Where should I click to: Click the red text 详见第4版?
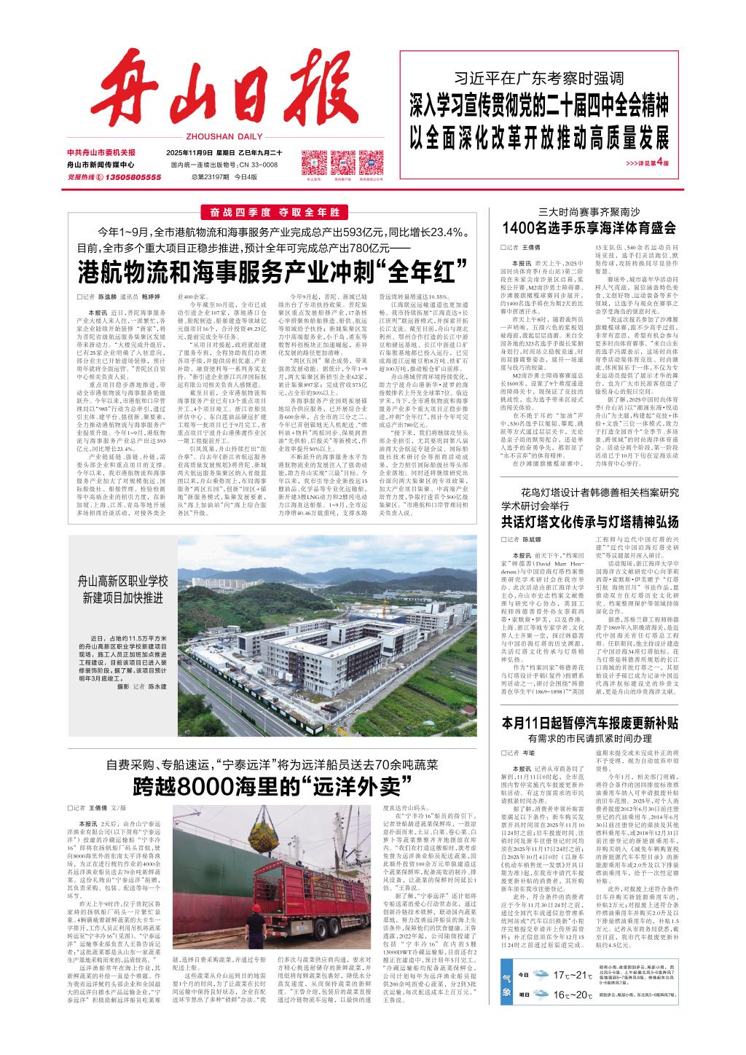click(648, 162)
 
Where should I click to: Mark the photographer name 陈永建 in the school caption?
click(157, 686)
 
